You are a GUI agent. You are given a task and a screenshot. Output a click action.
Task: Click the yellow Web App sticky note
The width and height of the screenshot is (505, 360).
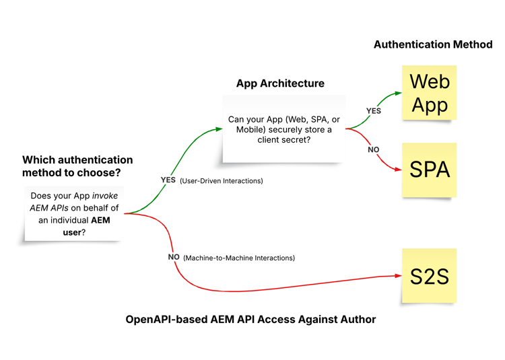429,93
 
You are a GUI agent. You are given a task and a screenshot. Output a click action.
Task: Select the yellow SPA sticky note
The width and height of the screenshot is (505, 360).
429,170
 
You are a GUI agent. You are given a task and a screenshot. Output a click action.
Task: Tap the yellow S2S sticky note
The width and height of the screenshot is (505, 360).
429,276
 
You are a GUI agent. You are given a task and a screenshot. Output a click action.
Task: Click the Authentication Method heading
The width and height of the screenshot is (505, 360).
433,44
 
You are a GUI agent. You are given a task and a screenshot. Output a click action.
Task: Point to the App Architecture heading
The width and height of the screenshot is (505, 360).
280,83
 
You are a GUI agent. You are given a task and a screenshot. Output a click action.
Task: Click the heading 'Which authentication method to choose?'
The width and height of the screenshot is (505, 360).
77,166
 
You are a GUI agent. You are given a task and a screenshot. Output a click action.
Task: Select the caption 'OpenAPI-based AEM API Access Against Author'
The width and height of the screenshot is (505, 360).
250,319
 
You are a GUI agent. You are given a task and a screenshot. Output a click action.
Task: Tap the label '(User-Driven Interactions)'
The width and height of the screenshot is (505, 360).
222,181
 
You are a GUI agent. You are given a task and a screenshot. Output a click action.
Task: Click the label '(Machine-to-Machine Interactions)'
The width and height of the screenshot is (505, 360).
239,258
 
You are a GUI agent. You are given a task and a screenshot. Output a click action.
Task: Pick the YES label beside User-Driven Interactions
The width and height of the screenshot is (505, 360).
168,180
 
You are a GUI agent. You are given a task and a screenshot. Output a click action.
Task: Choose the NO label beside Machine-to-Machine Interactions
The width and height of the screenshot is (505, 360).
174,257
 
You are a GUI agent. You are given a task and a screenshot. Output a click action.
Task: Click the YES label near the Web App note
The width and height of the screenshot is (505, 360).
373,110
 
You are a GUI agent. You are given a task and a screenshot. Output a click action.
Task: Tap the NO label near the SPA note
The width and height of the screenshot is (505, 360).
374,149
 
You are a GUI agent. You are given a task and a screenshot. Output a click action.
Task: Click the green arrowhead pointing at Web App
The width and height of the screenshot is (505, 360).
397,94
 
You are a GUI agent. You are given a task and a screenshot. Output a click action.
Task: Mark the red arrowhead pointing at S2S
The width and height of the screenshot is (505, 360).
397,276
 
